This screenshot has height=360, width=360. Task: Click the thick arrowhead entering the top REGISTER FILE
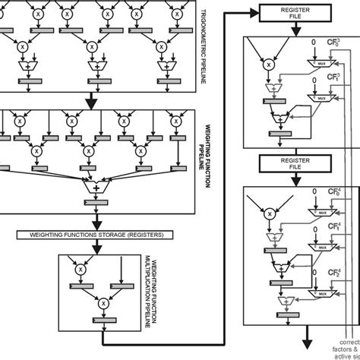(256, 11)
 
